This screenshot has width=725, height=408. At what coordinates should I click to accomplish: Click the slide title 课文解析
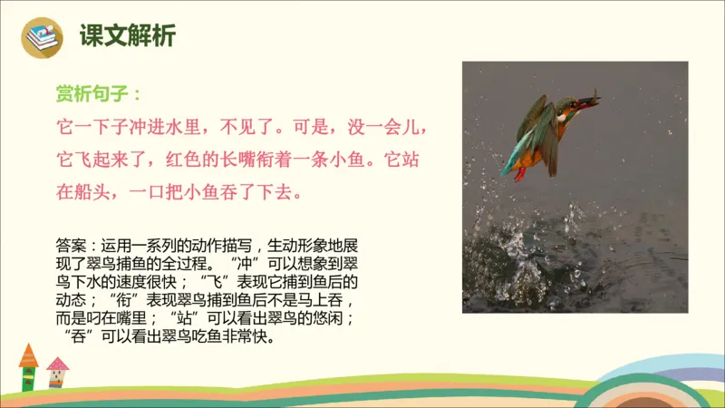coord(127,36)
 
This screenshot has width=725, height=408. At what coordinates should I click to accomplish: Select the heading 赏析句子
coord(97,93)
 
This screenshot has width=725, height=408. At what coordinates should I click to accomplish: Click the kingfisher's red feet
coord(520,172)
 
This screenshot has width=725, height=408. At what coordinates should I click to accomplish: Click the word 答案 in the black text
coord(71,245)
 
